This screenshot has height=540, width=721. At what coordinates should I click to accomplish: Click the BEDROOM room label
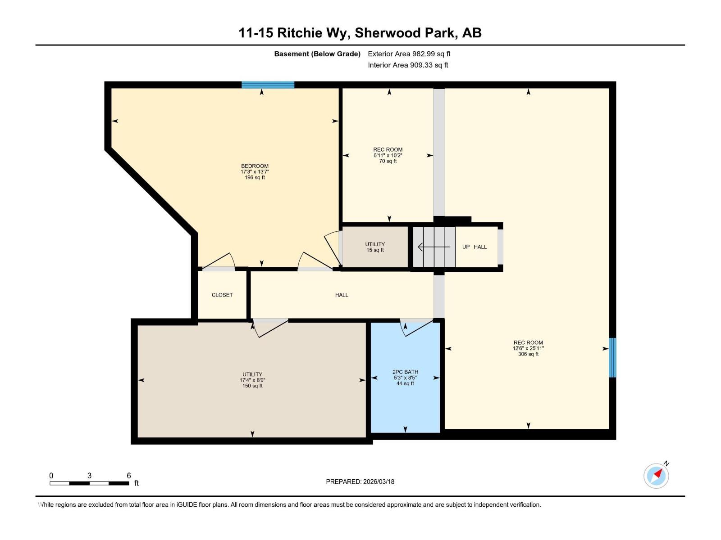click(x=255, y=166)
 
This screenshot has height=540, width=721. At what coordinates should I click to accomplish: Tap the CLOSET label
click(x=222, y=295)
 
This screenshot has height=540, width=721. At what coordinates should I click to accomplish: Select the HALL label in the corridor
click(x=342, y=295)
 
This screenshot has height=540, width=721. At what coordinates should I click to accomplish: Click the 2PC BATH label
click(x=405, y=372)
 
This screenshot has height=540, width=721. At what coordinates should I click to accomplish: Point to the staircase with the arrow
click(x=434, y=247)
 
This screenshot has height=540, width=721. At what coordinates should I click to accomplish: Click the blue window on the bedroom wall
click(x=268, y=85)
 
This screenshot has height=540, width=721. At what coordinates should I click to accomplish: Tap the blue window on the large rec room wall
click(x=612, y=357)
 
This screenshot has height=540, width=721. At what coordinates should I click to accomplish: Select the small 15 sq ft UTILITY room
click(x=375, y=247)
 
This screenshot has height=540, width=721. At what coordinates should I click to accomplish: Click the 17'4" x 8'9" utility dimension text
click(x=252, y=380)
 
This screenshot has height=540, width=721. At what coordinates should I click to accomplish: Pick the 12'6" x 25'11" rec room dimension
click(x=528, y=348)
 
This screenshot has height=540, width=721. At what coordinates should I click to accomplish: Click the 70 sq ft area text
click(x=388, y=161)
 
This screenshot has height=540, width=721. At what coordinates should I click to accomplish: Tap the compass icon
click(x=656, y=476)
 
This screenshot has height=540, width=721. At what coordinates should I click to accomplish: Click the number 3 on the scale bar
click(x=89, y=476)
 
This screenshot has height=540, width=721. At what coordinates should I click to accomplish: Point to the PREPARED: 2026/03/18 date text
click(x=360, y=481)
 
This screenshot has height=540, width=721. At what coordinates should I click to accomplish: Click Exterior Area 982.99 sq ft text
click(x=409, y=54)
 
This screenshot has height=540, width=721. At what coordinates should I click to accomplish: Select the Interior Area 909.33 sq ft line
click(x=408, y=65)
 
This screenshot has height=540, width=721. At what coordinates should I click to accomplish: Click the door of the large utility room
click(x=270, y=328)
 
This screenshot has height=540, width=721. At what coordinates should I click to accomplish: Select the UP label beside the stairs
click(x=466, y=247)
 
